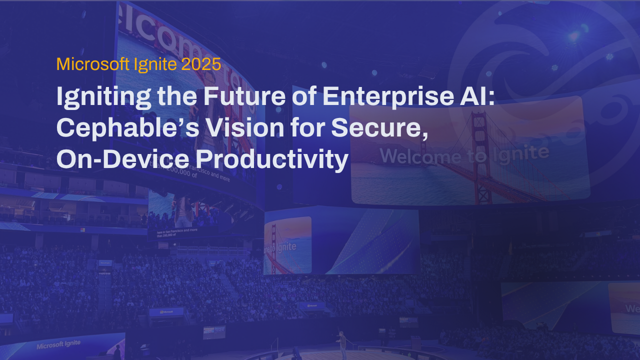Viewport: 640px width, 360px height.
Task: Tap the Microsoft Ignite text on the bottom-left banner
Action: coord(58,344)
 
